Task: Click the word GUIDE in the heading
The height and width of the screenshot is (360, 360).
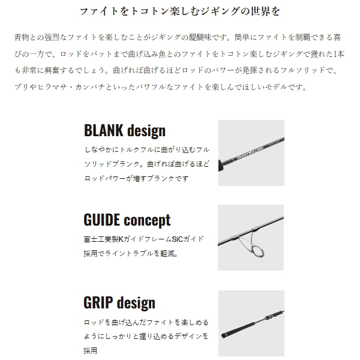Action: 104,220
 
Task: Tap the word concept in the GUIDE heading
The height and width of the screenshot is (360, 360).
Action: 148,220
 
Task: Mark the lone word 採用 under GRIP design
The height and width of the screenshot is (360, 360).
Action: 91,350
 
